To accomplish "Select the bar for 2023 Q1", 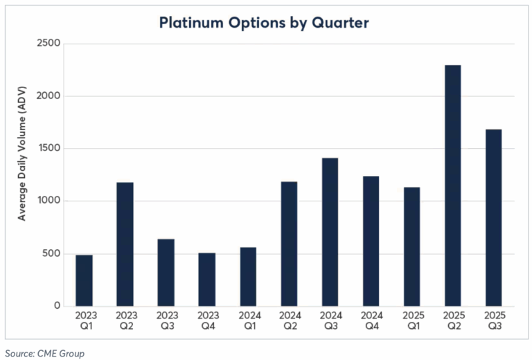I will point(84,280).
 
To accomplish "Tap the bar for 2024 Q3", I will point(330,232).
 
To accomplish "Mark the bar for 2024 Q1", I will point(248,277).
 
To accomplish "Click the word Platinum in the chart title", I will point(188,23).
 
